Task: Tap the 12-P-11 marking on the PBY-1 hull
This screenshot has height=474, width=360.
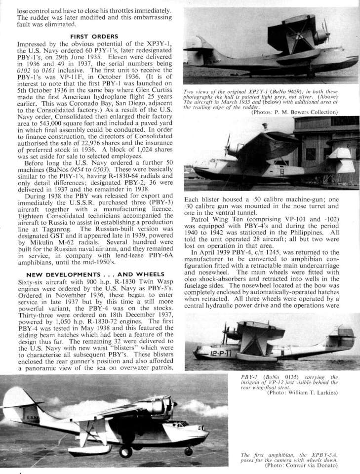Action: tap(215, 354)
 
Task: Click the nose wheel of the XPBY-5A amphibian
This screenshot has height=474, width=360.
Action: tap(188, 450)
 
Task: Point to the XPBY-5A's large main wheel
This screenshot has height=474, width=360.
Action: tap(125, 450)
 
